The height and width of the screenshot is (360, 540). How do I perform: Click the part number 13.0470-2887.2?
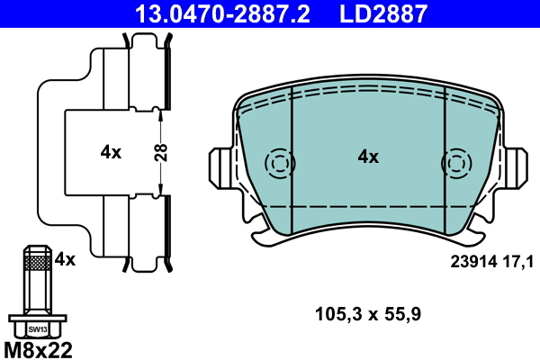point(226,13)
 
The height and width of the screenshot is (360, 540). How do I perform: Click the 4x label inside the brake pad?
point(368,157)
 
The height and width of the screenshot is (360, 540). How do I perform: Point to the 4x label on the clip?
point(111,152)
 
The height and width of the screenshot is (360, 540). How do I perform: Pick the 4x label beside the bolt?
point(65,259)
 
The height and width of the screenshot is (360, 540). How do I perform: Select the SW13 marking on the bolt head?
point(37,329)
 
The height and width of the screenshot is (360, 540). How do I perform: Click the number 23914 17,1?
point(491,261)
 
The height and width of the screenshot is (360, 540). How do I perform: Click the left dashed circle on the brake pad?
point(280,163)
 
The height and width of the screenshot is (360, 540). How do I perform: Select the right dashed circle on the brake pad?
point(455,163)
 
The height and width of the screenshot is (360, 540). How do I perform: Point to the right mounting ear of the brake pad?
point(515,167)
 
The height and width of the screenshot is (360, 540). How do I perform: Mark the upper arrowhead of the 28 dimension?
point(159,112)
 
